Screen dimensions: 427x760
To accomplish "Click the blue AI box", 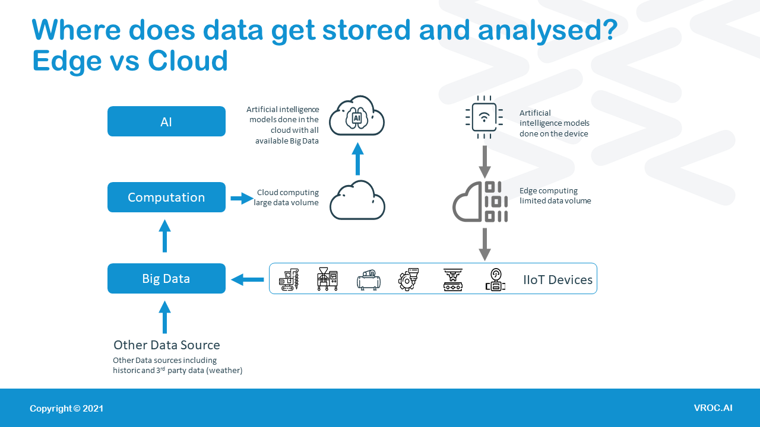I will tap(166, 122).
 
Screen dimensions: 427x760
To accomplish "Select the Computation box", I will tap(166, 197).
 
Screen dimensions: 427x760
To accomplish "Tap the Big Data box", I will tap(166, 279).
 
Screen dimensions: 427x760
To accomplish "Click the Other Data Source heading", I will tap(166, 345).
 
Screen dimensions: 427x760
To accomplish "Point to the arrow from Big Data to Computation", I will tap(165, 236).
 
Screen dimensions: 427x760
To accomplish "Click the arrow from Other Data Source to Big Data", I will tap(165, 317).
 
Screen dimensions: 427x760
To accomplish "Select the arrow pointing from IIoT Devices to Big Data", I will tap(247, 279).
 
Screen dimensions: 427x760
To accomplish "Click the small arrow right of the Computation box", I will tap(242, 199).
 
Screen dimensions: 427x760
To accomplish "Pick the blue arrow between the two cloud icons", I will tap(357, 158).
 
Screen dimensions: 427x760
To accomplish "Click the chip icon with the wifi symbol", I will tap(484, 117).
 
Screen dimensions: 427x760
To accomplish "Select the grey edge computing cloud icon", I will tap(480, 202).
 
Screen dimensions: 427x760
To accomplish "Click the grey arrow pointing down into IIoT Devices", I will tap(484, 244).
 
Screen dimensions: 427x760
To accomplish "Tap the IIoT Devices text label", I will tap(558, 280).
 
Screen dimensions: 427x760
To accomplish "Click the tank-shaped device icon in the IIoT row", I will tap(368, 280).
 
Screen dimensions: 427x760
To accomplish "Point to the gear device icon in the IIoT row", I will tap(408, 279).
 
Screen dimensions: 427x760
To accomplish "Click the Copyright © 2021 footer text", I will tap(66, 409).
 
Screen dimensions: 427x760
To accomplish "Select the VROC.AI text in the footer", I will tap(712, 408).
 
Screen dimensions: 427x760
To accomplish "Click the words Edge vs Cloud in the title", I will tap(130, 60).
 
